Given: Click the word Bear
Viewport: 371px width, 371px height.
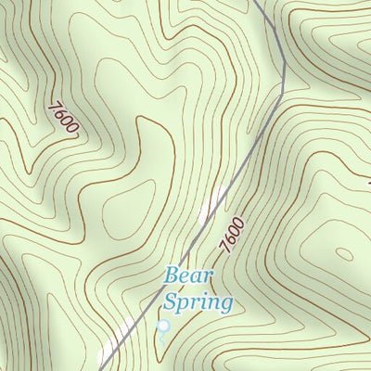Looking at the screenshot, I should coord(189,275).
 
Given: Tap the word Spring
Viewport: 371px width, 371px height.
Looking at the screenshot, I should coord(198,301).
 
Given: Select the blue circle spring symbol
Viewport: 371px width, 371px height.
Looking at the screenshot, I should coord(164,326).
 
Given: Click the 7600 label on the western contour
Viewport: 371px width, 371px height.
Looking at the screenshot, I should coord(63,118).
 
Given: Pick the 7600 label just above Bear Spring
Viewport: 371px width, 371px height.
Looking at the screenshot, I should coord(233,235).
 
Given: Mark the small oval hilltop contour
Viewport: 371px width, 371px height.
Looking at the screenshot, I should coord(344,252).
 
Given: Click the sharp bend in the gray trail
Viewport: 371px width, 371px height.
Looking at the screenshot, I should coord(282,90).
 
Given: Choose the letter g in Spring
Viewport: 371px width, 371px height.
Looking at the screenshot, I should coord(225,304).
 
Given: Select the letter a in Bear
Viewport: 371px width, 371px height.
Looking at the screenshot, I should coord(198,276).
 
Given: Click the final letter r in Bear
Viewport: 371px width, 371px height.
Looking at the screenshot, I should coord(209,276).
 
